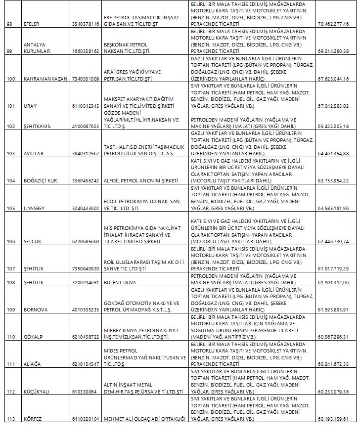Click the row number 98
[x=7, y=23]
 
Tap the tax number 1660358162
[x=86, y=51]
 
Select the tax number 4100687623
[x=86, y=127]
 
